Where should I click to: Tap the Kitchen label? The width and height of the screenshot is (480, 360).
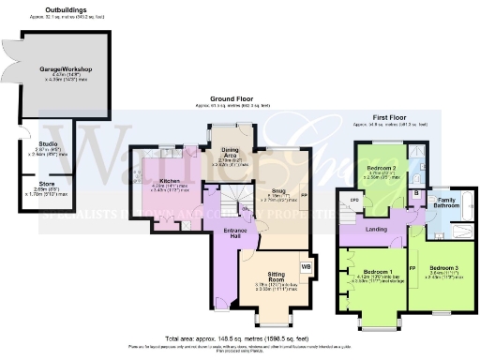pyautogui.click(x=170, y=180)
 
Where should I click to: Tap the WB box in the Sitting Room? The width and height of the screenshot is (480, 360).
pyautogui.click(x=307, y=267)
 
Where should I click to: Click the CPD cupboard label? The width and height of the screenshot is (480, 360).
pyautogui.click(x=354, y=200)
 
